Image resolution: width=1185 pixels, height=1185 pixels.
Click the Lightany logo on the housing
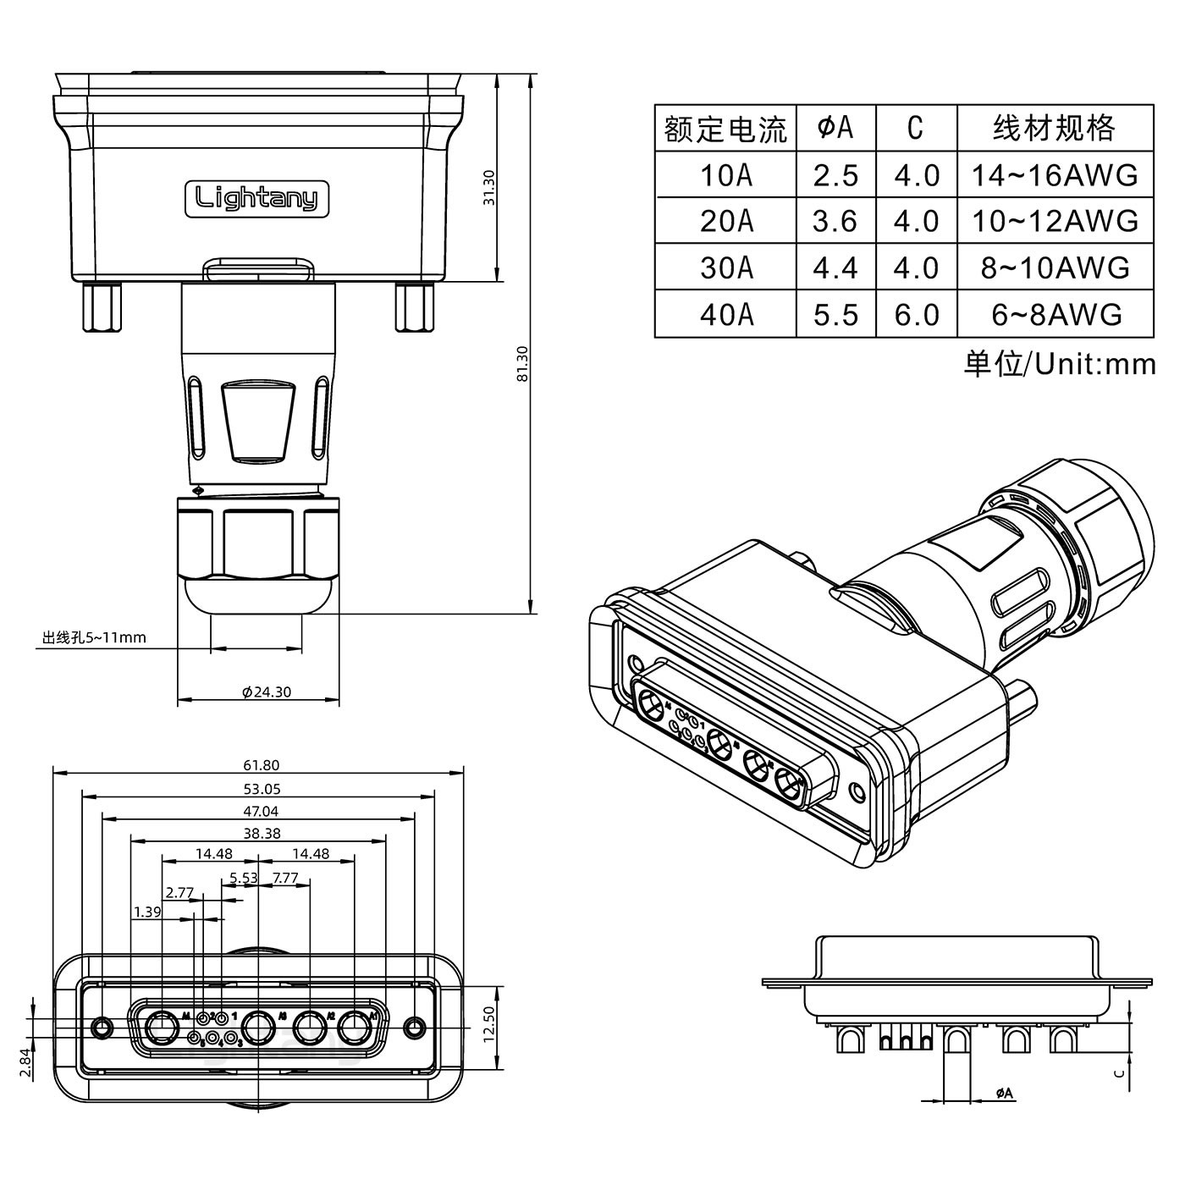[256, 199]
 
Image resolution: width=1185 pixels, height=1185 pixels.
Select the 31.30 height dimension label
[488, 187]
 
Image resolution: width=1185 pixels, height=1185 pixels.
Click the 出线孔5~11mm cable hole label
[94, 637]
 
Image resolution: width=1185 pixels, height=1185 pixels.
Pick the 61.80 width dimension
[261, 765]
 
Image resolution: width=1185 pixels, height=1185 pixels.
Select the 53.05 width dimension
[261, 789]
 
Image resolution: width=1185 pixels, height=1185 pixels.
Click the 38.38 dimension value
[262, 833]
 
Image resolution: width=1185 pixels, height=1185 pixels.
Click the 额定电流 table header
[725, 129]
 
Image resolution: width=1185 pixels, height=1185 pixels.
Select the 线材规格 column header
[1054, 128]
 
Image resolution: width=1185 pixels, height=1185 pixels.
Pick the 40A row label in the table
[725, 314]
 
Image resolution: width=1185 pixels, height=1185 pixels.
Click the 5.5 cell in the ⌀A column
[835, 314]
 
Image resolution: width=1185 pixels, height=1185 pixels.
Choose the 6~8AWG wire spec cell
[1055, 314]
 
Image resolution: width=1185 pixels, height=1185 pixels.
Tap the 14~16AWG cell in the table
[1055, 175]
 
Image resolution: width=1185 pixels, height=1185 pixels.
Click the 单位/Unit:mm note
[1059, 364]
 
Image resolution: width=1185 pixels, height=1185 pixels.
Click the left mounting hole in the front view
[102, 1028]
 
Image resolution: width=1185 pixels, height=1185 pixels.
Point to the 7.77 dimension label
[285, 878]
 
